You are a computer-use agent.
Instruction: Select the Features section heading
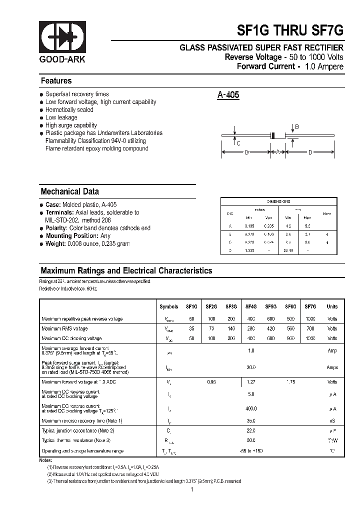pos(56,81)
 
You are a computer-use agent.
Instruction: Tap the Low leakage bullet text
pos(61,117)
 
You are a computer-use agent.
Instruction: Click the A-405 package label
pos(228,94)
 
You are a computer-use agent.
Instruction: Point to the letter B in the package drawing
pos(296,127)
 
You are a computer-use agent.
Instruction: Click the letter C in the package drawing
pos(238,143)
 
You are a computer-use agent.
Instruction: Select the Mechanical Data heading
pos(69,191)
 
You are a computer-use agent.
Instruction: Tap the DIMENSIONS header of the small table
pos(278,201)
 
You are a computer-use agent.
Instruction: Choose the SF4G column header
pos(251,306)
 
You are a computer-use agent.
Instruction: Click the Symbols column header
pos(168,306)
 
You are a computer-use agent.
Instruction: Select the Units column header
pos(332,306)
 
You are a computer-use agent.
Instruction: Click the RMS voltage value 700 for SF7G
pos(310,328)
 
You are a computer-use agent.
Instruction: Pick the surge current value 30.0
pos(251,367)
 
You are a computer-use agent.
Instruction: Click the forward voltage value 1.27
pos(251,382)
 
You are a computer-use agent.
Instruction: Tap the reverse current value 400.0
pos(251,408)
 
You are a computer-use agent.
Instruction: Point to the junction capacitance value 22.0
pos(251,430)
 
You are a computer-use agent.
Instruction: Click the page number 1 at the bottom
pos(191,490)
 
